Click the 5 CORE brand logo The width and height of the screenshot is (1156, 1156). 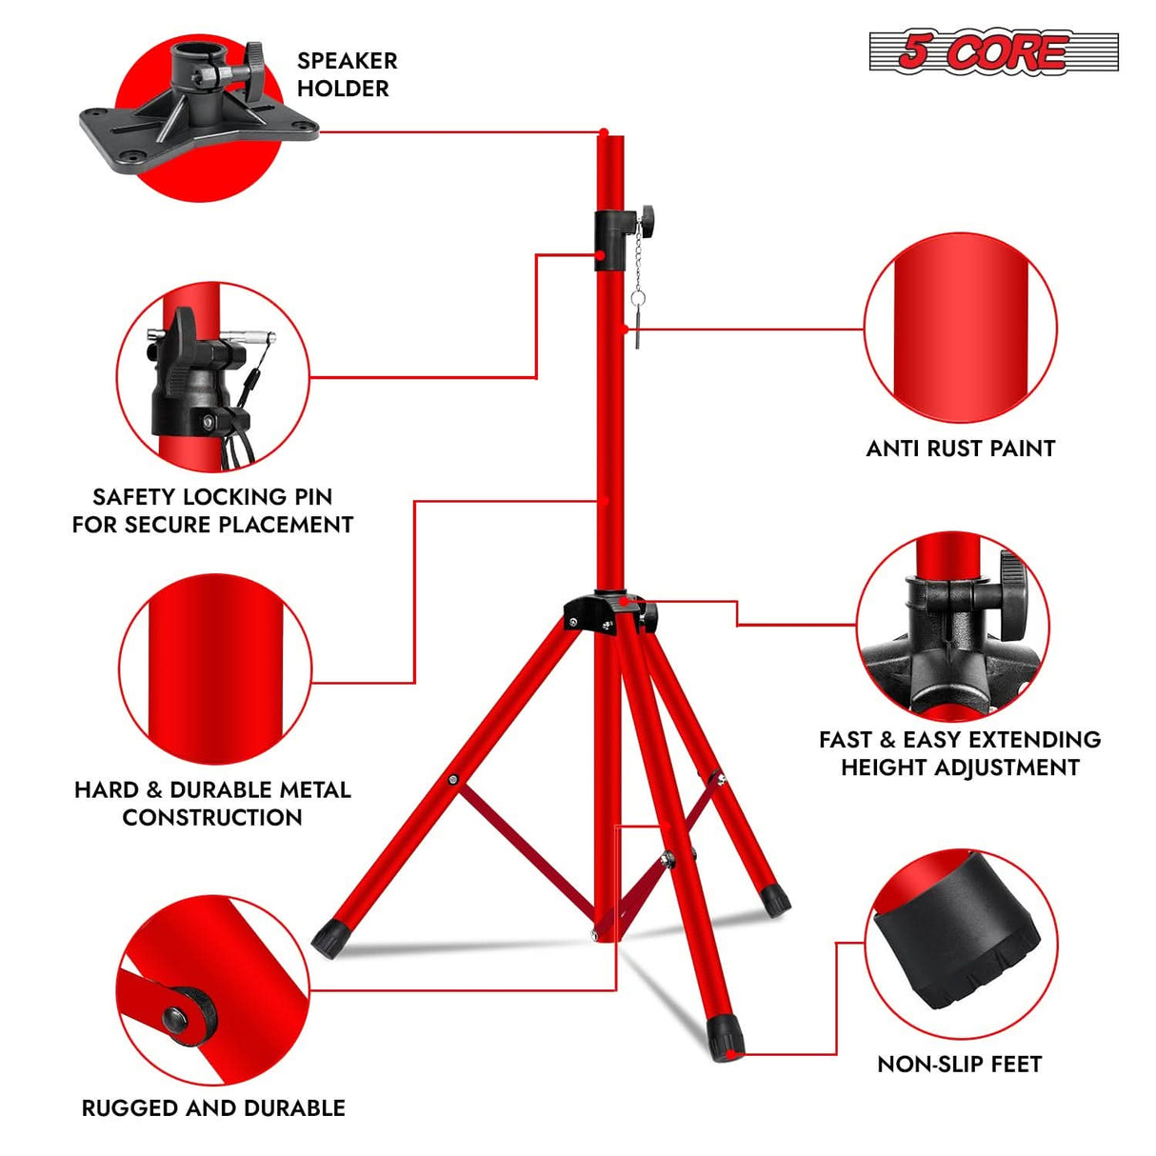[992, 51]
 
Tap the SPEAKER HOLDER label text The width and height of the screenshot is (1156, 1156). [347, 74]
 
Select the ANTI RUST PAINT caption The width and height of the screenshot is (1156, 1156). [960, 448]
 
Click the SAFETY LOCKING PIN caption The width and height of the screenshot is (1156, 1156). [212, 510]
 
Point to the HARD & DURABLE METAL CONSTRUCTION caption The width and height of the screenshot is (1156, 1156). [212, 803]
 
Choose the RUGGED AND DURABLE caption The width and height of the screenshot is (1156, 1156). [213, 1107]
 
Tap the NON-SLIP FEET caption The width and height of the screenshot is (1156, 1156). [959, 1064]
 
